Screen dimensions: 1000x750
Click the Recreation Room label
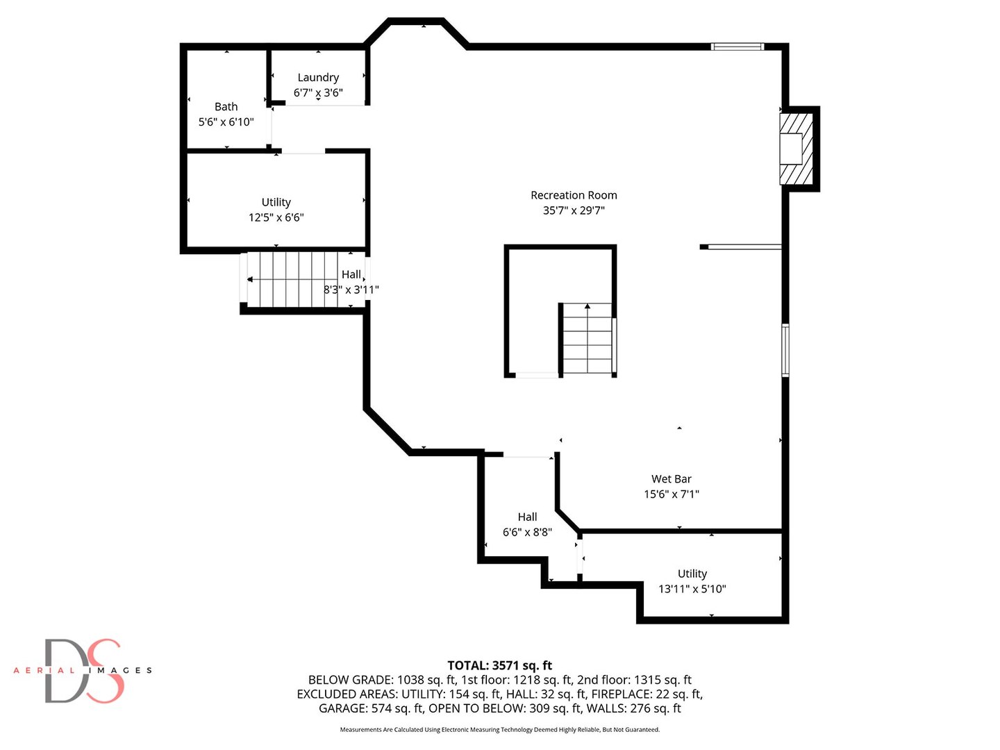click(x=574, y=195)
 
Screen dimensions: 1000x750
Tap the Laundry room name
click(x=318, y=78)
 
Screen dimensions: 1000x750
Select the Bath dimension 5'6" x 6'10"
click(x=226, y=122)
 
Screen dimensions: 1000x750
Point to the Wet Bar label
click(x=671, y=479)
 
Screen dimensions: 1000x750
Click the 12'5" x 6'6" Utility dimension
click(x=276, y=217)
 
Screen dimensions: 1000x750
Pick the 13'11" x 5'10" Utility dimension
click(x=692, y=590)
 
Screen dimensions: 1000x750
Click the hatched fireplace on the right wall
click(x=796, y=149)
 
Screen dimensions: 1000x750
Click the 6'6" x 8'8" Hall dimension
click(x=527, y=533)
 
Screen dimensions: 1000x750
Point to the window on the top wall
click(x=737, y=47)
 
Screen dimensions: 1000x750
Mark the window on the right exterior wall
click(x=785, y=350)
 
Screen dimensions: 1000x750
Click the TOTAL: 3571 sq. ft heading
click(x=500, y=666)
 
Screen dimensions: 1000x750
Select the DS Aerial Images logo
click(x=83, y=670)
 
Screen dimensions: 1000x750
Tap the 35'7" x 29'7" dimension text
click(x=574, y=211)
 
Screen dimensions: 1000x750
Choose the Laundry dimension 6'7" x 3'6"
click(x=318, y=93)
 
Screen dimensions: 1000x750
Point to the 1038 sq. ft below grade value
click(x=426, y=681)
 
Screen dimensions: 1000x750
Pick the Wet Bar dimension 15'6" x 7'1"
click(x=671, y=494)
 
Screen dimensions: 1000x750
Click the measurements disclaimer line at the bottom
click(x=500, y=730)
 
